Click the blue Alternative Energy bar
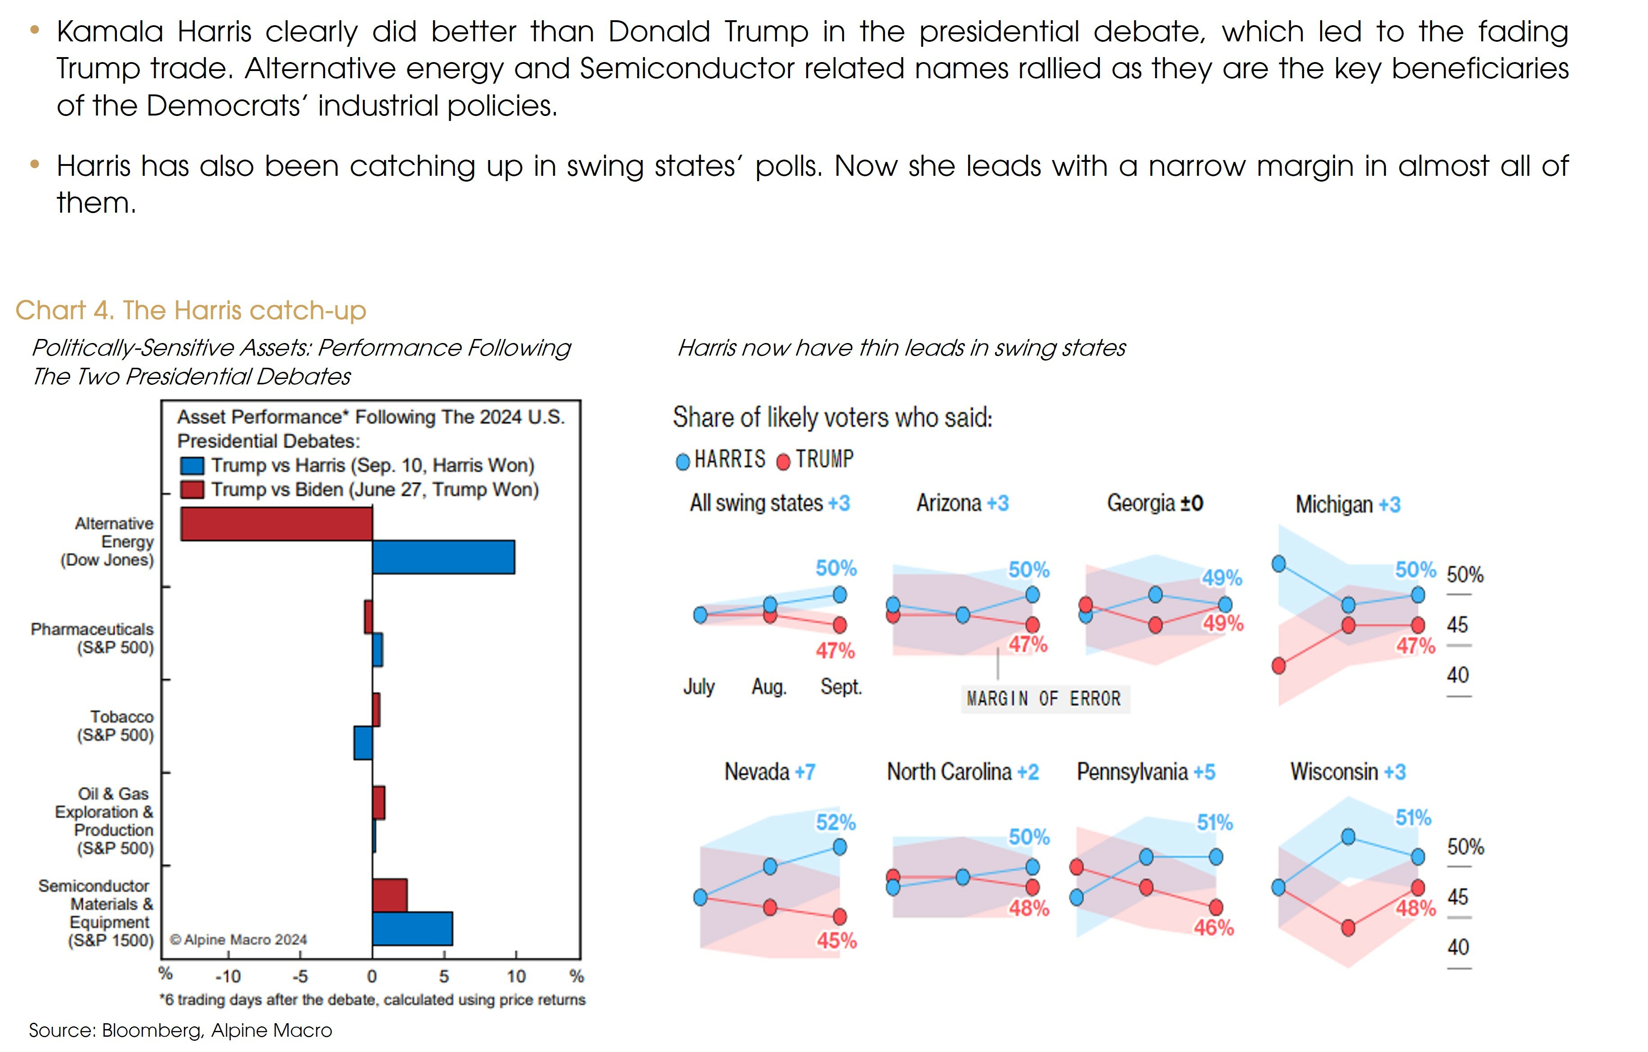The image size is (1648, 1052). (443, 557)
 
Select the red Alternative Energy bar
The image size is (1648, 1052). (277, 524)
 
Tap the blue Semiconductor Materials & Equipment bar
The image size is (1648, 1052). (412, 929)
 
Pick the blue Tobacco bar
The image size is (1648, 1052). (363, 743)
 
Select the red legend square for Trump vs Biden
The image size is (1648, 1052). (192, 490)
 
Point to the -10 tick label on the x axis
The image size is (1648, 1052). (228, 977)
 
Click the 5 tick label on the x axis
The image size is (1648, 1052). (444, 977)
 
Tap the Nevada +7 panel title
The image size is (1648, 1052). (770, 772)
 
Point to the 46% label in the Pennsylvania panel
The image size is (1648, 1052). (1214, 928)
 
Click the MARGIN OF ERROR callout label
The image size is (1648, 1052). (1044, 699)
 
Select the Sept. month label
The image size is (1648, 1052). (841, 686)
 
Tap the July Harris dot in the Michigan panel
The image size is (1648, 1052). (1278, 564)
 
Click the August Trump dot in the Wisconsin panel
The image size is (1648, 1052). (1348, 928)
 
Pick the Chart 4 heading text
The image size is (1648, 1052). (191, 311)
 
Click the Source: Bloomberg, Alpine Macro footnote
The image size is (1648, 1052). (180, 1030)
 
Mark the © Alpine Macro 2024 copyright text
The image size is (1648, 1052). (238, 940)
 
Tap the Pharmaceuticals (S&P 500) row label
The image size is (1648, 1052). (92, 638)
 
